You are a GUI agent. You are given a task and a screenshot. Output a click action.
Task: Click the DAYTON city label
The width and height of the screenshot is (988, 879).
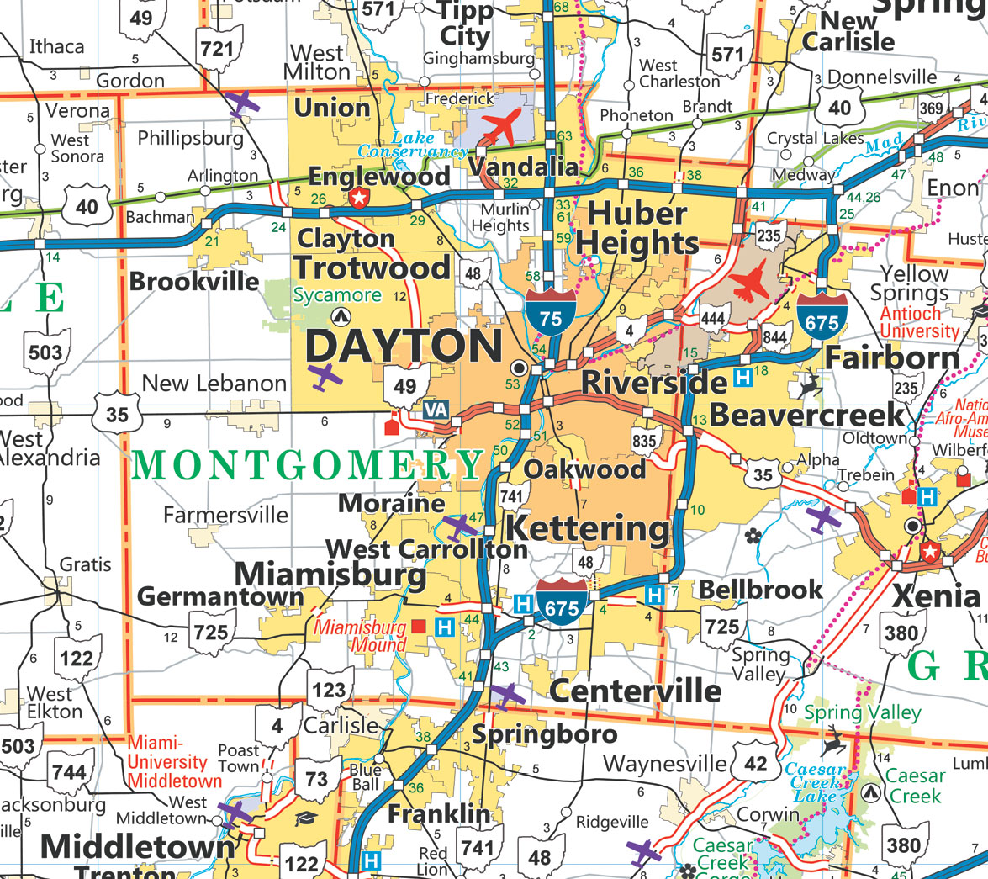pos(404,347)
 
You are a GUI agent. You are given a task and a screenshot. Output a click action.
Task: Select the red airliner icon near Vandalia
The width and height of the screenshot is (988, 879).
pos(504,126)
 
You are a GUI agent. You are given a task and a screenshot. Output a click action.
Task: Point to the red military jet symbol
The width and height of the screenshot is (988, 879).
pos(751,281)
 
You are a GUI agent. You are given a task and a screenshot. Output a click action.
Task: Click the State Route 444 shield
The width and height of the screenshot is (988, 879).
pos(712,317)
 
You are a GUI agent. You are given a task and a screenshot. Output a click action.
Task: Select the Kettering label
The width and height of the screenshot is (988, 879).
pos(589,530)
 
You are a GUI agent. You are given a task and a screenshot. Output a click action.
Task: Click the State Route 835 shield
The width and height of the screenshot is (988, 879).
pos(645,440)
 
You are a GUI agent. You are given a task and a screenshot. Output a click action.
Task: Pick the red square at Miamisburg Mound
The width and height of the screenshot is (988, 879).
pos(419,626)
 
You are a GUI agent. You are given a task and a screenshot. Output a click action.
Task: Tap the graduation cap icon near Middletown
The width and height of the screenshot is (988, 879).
pos(305,818)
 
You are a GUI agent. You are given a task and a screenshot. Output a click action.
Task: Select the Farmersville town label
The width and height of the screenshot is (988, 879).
pos(225,514)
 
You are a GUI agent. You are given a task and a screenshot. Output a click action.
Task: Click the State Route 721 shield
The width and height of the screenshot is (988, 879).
pos(217,47)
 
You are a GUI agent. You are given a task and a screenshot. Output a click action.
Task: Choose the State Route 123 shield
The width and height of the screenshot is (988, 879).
pos(329,690)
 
